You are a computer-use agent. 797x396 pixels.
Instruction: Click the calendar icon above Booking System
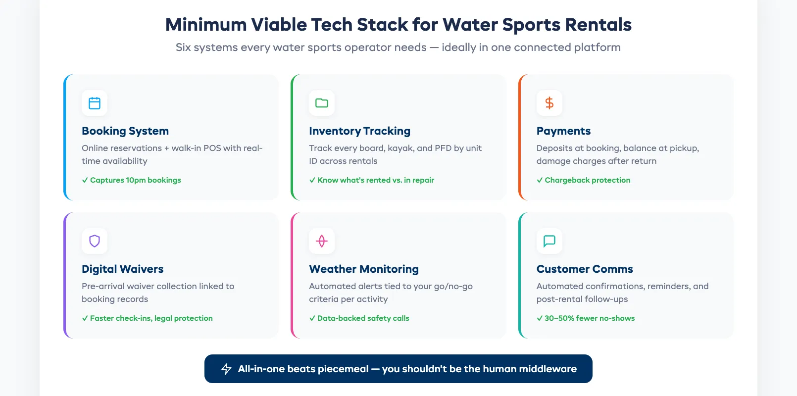(x=95, y=103)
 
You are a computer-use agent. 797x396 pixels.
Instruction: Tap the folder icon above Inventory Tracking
(x=322, y=103)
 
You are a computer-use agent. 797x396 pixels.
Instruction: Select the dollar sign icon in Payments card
(x=549, y=103)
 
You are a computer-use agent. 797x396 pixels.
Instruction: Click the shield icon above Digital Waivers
(x=95, y=241)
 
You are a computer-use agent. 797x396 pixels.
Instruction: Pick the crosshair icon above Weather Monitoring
(x=322, y=241)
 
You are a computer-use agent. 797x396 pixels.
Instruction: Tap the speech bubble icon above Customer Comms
(x=549, y=241)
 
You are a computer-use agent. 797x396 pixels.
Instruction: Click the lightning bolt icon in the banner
(x=226, y=369)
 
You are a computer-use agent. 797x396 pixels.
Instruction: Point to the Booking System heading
(x=125, y=131)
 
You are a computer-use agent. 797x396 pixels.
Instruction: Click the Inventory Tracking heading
(x=359, y=131)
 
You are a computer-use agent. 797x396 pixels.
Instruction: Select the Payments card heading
(x=563, y=131)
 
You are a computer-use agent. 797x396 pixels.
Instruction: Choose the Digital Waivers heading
(x=122, y=269)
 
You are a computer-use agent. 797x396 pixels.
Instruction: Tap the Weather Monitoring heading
(x=364, y=269)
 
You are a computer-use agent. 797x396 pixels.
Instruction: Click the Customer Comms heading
(x=585, y=269)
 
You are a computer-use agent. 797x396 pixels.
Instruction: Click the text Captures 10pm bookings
(x=135, y=180)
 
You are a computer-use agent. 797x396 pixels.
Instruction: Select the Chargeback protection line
(x=587, y=180)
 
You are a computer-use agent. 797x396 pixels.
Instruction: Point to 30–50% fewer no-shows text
(x=589, y=318)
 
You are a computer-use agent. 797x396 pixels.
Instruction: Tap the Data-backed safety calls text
(x=363, y=318)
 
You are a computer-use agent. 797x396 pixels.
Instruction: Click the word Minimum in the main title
(x=206, y=25)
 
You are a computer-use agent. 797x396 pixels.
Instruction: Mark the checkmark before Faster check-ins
(x=85, y=318)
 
